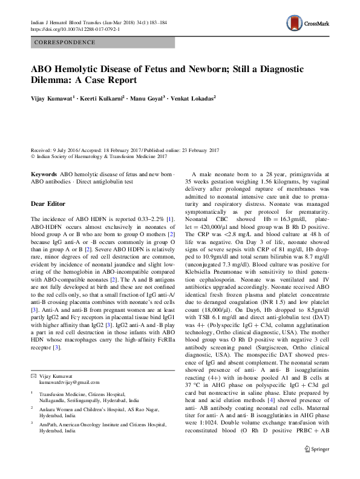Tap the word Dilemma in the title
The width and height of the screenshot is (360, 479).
tap(55, 80)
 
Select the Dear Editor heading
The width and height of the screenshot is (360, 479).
tap(51, 204)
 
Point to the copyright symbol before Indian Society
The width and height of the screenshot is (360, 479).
tap(33, 156)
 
